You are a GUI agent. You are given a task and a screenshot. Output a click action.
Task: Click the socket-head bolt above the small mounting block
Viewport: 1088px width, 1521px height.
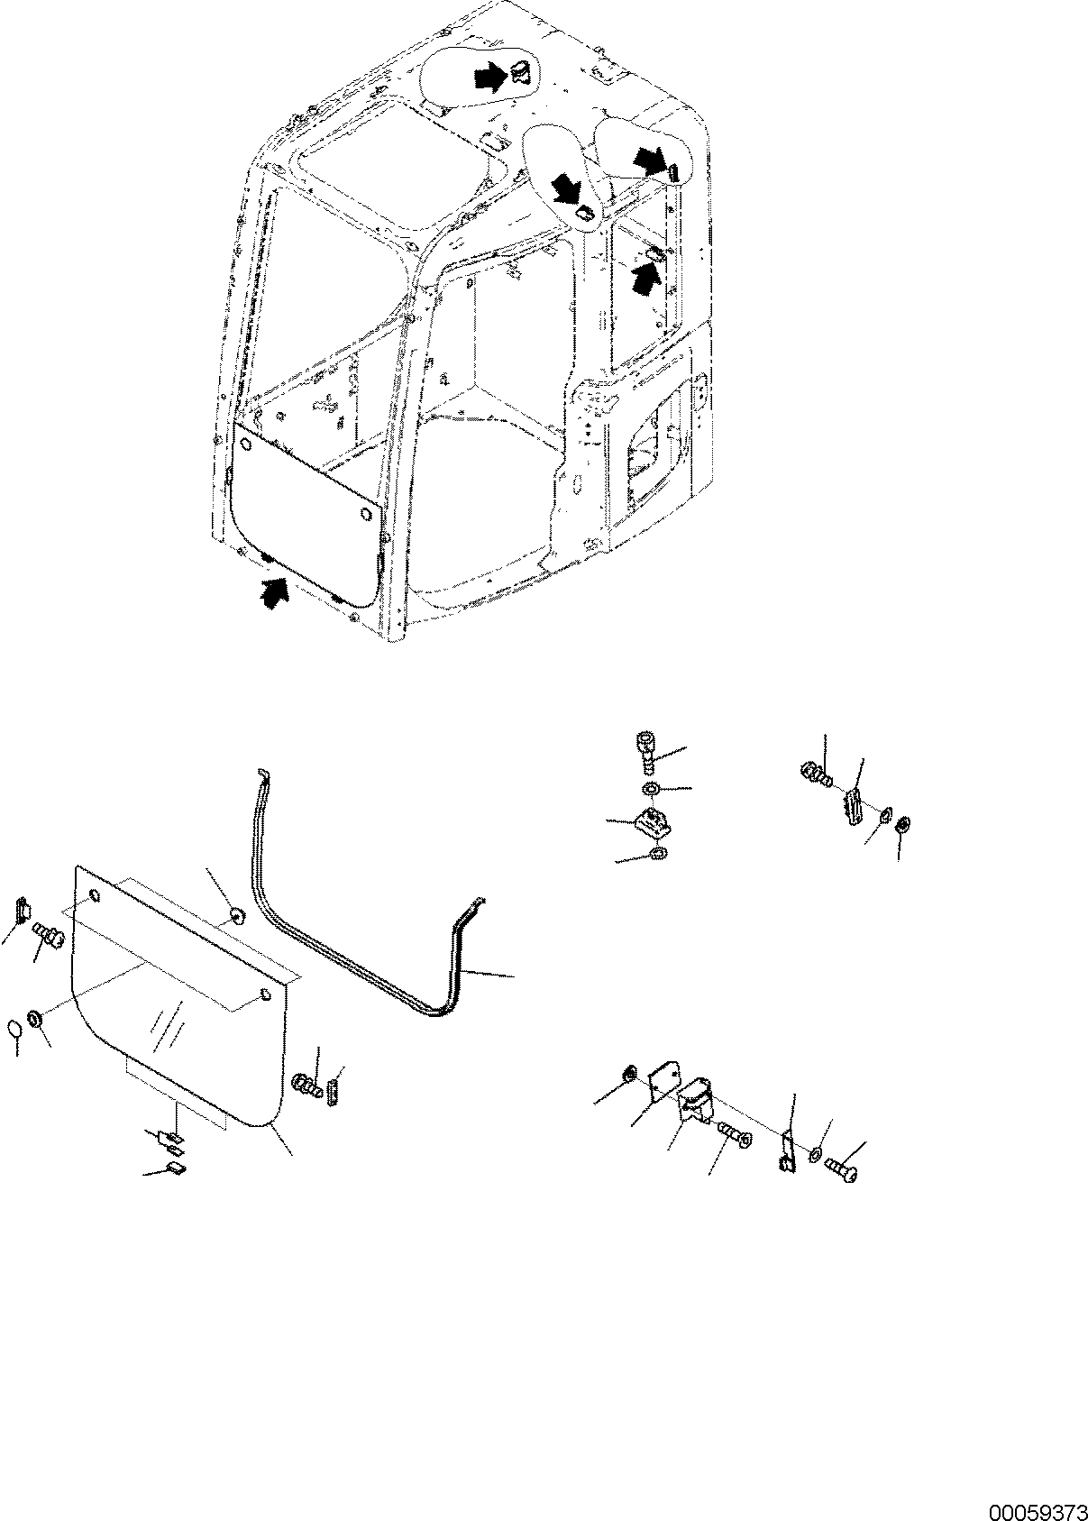[645, 749]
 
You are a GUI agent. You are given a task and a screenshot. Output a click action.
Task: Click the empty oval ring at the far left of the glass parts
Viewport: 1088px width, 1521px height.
[15, 1027]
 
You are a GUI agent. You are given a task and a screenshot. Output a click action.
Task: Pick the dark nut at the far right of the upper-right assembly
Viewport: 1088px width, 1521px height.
[903, 825]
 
